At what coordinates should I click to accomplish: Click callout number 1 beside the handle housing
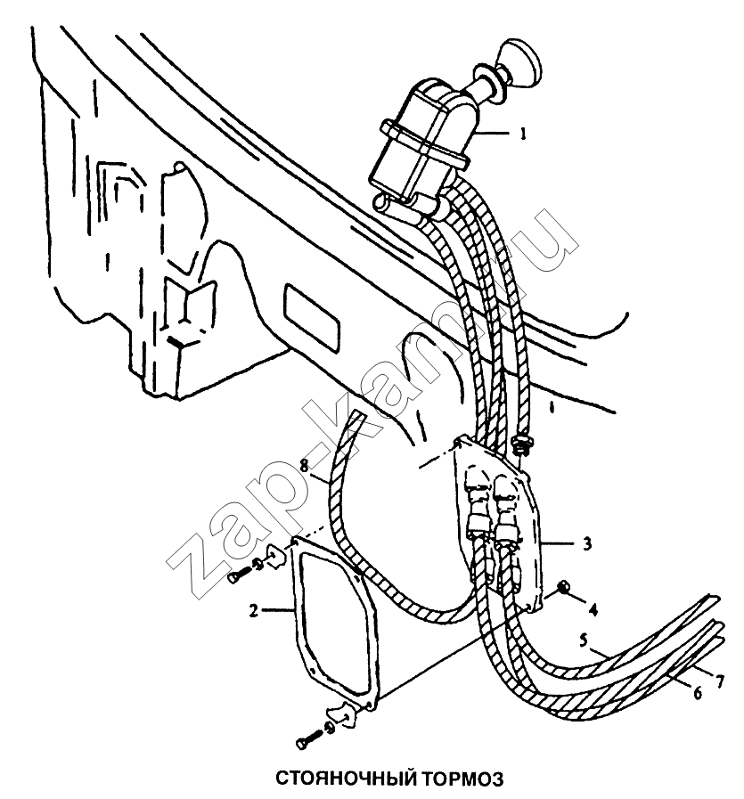tap(522, 134)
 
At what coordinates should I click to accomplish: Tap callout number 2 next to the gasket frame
tap(253, 610)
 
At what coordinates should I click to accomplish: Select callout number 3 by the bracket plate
tap(587, 543)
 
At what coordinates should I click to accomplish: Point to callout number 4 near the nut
tap(593, 609)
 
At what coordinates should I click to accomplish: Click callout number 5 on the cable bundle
tap(584, 640)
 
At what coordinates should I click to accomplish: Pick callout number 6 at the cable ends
tap(698, 693)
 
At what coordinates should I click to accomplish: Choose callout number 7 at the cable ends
tap(719, 681)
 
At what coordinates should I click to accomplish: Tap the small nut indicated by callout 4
tap(563, 589)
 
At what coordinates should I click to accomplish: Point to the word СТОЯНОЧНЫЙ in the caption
tap(345, 779)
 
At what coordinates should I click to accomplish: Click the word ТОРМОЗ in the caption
tap(462, 779)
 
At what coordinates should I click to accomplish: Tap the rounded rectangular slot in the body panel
tap(310, 318)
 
